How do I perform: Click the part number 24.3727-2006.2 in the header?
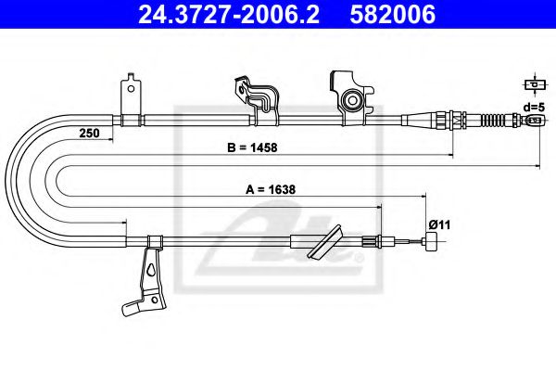[229, 15]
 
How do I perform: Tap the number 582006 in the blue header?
[393, 15]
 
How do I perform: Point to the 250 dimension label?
[89, 134]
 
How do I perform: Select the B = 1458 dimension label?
[252, 147]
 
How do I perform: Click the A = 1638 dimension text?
[271, 189]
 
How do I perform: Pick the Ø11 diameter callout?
[439, 224]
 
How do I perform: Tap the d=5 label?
[534, 107]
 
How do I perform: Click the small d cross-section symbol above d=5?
[535, 84]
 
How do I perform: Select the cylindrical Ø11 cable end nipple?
[432, 241]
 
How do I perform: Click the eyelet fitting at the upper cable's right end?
[535, 120]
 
